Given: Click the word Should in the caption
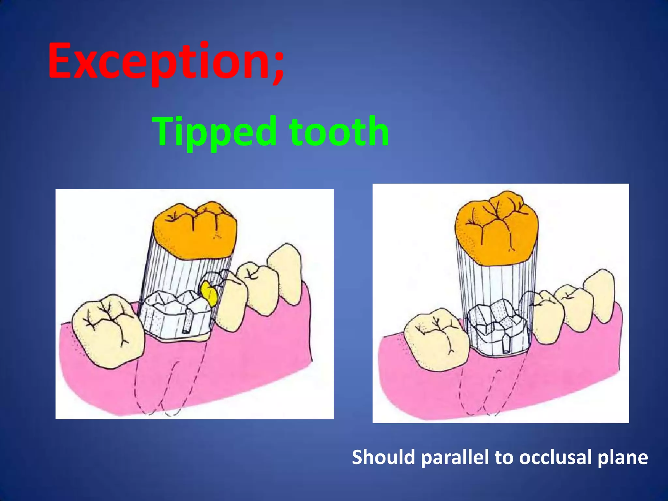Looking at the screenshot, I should coord(383,457).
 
